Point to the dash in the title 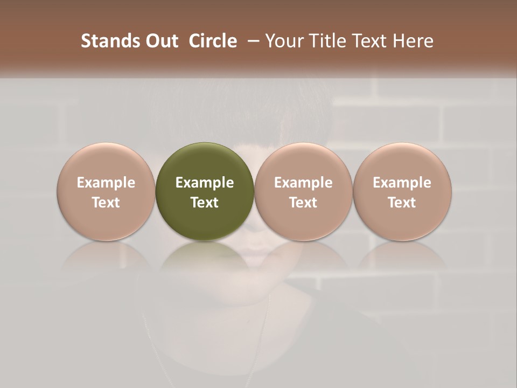(x=252, y=41)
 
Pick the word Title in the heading (x=327, y=41)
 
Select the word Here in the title (x=414, y=41)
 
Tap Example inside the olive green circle (x=205, y=183)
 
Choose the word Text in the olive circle (x=205, y=203)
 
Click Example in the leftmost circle (x=106, y=183)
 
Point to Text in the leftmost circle (x=106, y=203)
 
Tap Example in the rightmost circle (x=402, y=183)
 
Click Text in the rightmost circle (x=402, y=203)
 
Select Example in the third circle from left (x=303, y=183)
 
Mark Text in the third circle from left (x=303, y=203)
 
